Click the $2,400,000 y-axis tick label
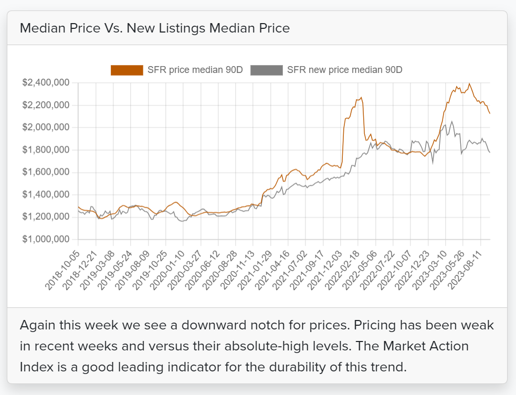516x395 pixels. tap(47, 83)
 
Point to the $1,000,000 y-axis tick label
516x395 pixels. tap(47, 239)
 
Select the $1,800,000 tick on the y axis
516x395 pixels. tap(47, 150)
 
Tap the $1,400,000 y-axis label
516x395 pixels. tap(47, 195)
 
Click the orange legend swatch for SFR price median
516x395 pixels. tap(127, 70)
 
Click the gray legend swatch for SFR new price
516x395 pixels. tap(267, 70)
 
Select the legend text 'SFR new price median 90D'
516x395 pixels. tap(344, 70)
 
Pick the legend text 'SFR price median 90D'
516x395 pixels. tap(195, 70)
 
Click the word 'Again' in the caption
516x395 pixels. tap(36, 325)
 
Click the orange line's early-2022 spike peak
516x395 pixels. tap(361, 98)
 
